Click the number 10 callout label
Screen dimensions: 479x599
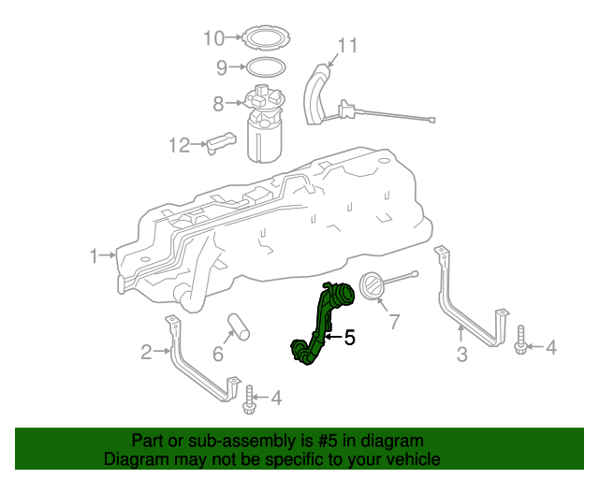[x=214, y=38]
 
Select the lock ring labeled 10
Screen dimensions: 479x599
[x=267, y=38]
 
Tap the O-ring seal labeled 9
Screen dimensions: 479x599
[x=266, y=67]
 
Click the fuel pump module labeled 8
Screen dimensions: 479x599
[x=265, y=126]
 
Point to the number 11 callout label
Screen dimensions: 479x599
[x=347, y=45]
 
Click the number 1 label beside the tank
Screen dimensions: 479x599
[x=94, y=254]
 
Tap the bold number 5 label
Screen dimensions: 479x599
[x=350, y=338]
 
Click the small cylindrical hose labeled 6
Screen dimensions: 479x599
[x=239, y=327]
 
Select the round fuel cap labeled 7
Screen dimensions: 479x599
[x=372, y=287]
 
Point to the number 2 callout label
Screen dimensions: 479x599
[x=146, y=352]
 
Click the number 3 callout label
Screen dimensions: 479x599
[x=461, y=354]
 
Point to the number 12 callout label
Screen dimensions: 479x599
[x=179, y=145]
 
